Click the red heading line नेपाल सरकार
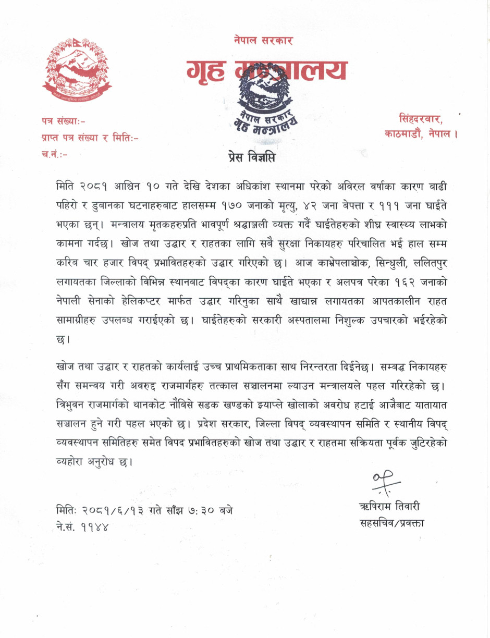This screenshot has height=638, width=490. tap(263, 40)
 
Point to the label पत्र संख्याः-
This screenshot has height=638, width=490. tap(64, 121)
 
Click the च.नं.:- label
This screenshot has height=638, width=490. tap(54, 154)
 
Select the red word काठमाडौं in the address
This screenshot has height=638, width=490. tap(403, 133)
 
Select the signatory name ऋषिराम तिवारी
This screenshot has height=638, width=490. tap(390, 507)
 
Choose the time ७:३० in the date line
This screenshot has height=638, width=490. tap(194, 510)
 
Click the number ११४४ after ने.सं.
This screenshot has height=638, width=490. tap(94, 526)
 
